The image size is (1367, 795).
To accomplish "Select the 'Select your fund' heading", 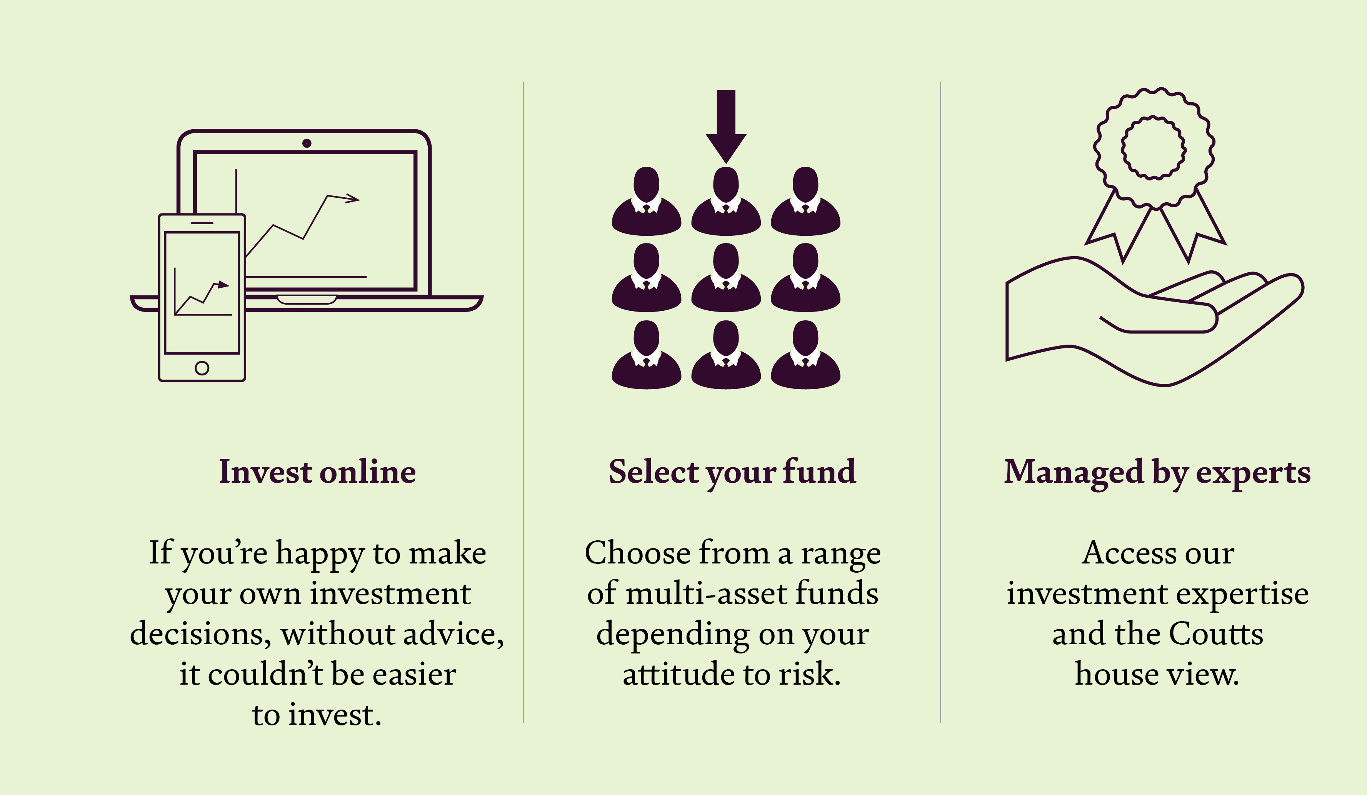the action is point(732,472).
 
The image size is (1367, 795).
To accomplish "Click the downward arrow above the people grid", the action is point(726,127).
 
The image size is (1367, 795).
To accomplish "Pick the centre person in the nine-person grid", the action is point(726,278).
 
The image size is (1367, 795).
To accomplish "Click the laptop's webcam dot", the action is point(307,143).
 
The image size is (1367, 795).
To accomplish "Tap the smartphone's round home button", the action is point(202,368).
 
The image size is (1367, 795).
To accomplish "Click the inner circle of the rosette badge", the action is point(1153,147).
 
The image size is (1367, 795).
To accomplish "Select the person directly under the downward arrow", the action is point(726,201).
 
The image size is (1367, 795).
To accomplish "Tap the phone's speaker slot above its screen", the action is point(202,223).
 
